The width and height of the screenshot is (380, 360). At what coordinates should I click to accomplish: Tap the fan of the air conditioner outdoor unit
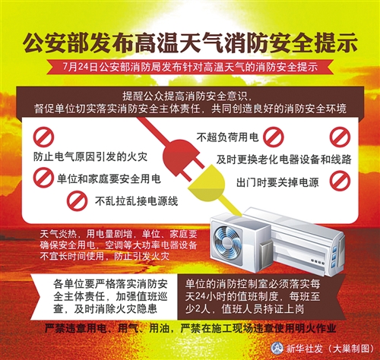tap(226, 241)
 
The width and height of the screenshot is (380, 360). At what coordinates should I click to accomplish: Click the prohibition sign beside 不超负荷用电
tap(273, 137)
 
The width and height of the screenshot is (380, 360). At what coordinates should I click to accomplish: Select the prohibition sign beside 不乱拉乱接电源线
tap(77, 201)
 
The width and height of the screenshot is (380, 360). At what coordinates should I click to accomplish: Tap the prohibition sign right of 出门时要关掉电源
tap(340, 181)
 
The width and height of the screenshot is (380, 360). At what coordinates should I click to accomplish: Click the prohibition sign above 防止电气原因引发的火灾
tap(43, 137)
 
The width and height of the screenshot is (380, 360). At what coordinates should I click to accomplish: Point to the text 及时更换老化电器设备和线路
tap(283, 159)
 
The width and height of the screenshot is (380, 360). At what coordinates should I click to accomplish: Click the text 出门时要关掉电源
tap(277, 182)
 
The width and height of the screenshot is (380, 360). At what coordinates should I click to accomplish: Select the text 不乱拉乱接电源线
tap(136, 201)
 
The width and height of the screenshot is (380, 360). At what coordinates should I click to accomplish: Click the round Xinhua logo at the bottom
tap(277, 348)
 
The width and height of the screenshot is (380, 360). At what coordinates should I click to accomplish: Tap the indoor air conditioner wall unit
tap(295, 241)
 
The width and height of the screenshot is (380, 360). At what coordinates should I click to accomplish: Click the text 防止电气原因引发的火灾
tap(90, 157)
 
